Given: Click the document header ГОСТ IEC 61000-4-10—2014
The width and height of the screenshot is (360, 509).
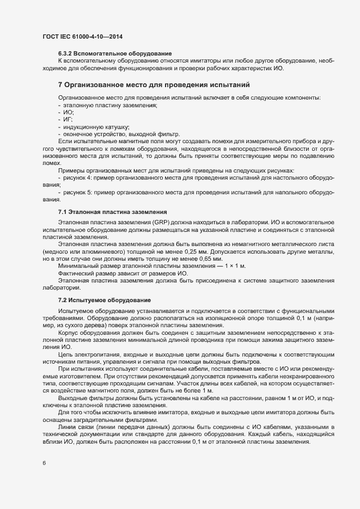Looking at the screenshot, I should pos(82,36).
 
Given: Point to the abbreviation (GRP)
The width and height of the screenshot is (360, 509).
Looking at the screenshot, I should pos(162,223).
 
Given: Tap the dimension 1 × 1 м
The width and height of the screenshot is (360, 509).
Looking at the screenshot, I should pos(235,266).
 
